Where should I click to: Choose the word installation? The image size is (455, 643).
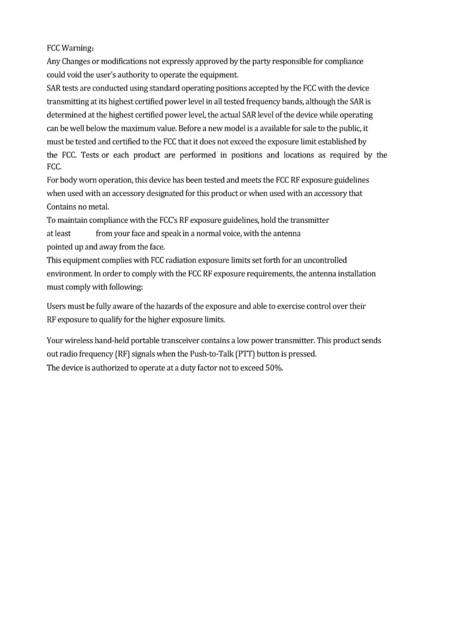point(356,274)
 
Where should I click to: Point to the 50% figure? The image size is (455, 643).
point(274,368)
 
